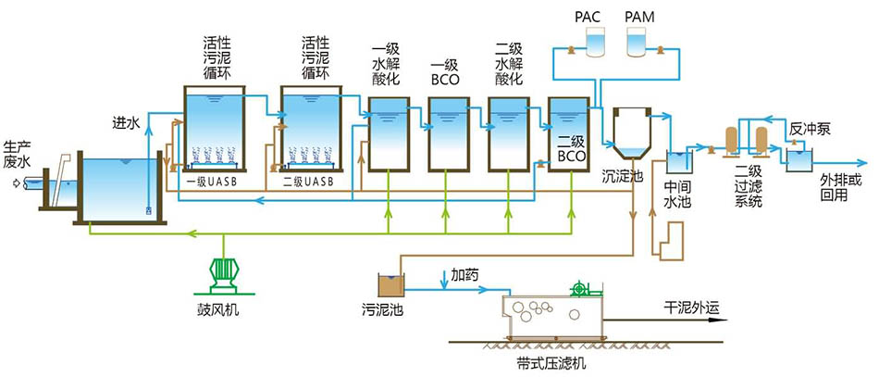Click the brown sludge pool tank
click(390, 284)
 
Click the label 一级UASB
click(212, 182)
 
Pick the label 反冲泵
click(811, 129)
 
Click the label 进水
click(127, 121)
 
